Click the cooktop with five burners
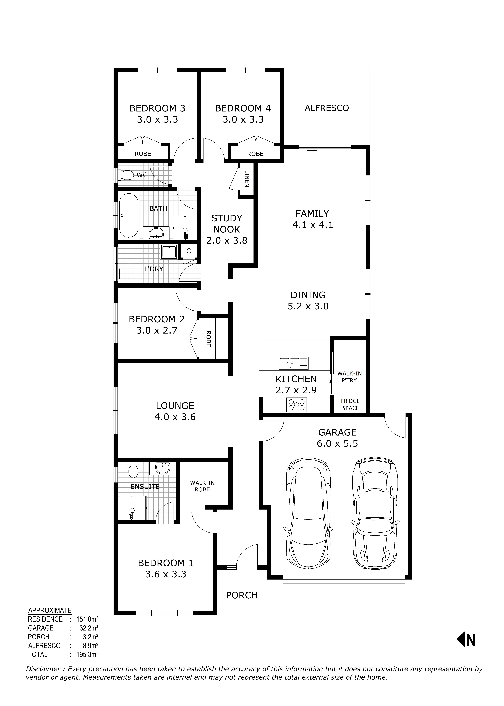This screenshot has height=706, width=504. (296, 405)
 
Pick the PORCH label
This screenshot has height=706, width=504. (242, 595)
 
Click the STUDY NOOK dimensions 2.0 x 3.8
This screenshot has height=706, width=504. (227, 240)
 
